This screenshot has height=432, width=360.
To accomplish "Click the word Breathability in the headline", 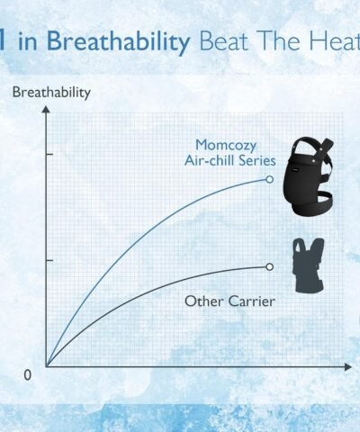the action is (x=119, y=41).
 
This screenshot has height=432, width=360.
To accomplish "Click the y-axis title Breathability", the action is (x=51, y=93).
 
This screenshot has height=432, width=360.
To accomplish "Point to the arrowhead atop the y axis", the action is (x=46, y=109).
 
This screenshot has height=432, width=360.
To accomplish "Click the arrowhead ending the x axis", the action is (x=347, y=366).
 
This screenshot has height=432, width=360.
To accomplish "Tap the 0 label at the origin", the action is (x=27, y=375).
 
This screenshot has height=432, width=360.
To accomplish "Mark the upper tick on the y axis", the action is (x=49, y=154).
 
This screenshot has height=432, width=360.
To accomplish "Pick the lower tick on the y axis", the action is (x=49, y=260).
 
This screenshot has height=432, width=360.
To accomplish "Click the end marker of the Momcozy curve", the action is (x=270, y=179).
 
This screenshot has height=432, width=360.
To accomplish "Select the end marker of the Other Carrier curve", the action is (x=270, y=266).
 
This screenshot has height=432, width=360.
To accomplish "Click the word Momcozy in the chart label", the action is (x=226, y=146).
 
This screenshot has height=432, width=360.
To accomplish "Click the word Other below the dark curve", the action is (x=203, y=301).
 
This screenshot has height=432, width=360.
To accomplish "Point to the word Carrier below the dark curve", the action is (x=251, y=301).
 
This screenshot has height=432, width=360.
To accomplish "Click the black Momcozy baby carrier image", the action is (x=308, y=176).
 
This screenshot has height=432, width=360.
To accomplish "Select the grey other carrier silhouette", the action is (x=309, y=265).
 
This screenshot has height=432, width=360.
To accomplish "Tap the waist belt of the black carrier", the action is (x=312, y=204).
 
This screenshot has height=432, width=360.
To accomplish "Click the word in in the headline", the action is (x=28, y=41).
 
